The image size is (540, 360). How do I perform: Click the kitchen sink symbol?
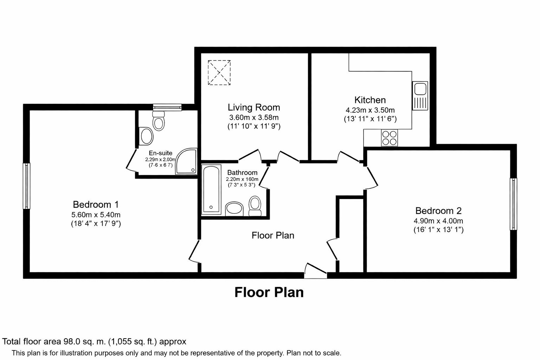point(420,95)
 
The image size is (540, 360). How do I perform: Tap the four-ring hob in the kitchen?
point(390,137)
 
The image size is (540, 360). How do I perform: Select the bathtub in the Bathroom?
point(211,190)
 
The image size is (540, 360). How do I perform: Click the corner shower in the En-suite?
point(187,162)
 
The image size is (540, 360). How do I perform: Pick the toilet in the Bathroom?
point(255,206)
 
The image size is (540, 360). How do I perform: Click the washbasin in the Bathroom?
point(234,208)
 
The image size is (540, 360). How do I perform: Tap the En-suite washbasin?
point(146,136)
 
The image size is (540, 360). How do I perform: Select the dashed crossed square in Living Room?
point(219,72)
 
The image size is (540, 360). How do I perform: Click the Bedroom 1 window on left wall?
point(26,186)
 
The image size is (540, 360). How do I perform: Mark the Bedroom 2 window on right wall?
point(513,204)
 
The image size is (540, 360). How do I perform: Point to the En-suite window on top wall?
point(167,107)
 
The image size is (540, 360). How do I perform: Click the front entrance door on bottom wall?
point(315,271)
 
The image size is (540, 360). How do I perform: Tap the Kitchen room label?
point(370,100)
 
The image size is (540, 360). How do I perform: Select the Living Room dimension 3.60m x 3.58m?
point(253,117)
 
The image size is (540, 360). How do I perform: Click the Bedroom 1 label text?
point(96,204)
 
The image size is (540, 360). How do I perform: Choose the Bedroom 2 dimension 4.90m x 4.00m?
point(438,221)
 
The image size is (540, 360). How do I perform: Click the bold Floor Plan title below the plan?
point(269,292)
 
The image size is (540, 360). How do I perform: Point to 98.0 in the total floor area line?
point(71,341)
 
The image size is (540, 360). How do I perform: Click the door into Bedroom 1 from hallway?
point(194,251)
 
